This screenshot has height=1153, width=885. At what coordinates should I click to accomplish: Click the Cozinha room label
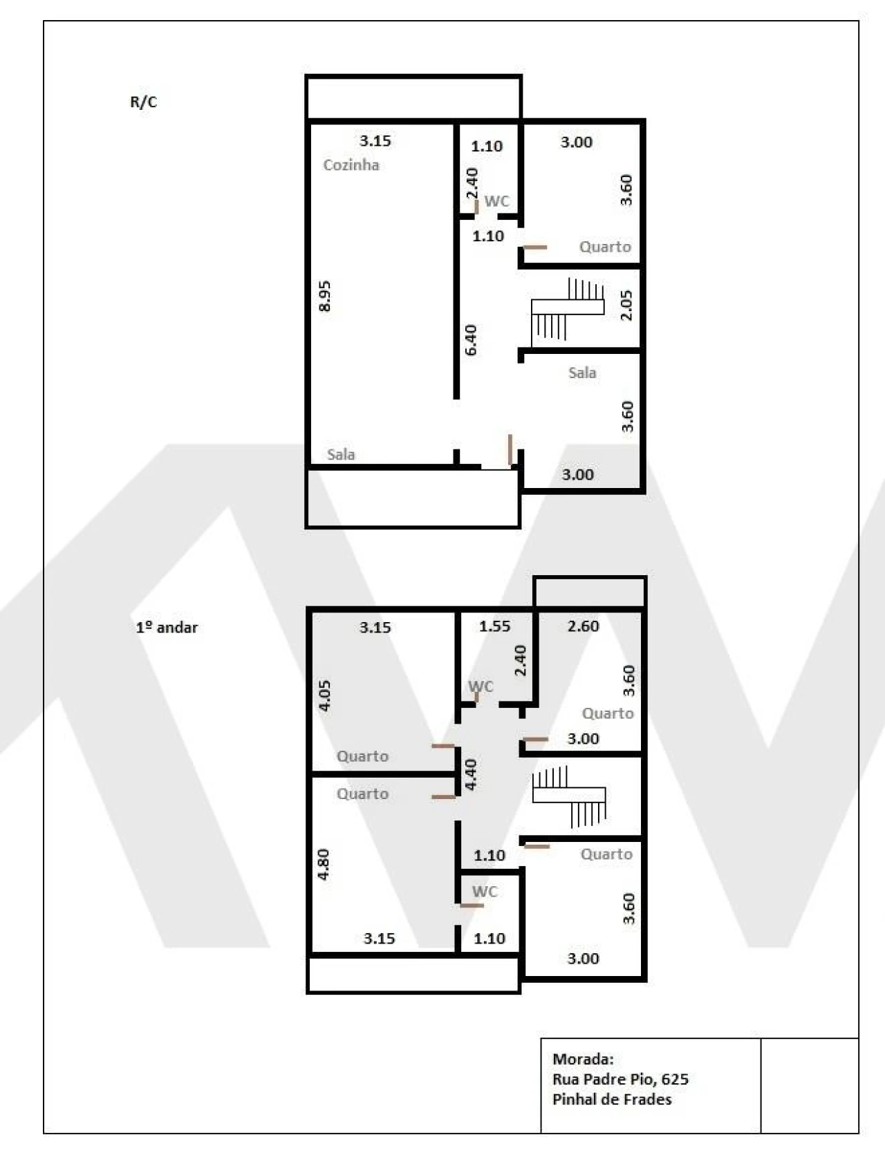pyautogui.click(x=351, y=165)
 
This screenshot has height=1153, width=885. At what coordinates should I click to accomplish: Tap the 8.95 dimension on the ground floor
pyautogui.click(x=324, y=296)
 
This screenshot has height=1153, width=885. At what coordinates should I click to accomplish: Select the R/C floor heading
pyautogui.click(x=144, y=102)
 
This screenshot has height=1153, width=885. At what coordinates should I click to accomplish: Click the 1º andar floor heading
pyautogui.click(x=167, y=627)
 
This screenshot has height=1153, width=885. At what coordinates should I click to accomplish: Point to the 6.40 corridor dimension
pyautogui.click(x=470, y=339)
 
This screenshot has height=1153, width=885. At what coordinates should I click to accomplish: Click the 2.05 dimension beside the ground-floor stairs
pyautogui.click(x=626, y=305)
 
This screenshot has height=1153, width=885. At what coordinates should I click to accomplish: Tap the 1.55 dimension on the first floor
pyautogui.click(x=494, y=626)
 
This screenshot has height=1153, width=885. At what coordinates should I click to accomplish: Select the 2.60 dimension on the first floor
pyautogui.click(x=583, y=626)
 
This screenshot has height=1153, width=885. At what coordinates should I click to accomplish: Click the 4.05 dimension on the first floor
pyautogui.click(x=324, y=695)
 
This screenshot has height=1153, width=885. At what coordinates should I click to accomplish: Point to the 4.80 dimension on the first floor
pyautogui.click(x=323, y=864)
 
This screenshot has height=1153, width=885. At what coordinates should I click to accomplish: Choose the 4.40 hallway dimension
pyautogui.click(x=470, y=775)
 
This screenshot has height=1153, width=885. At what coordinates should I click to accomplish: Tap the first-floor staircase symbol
pyautogui.click(x=568, y=796)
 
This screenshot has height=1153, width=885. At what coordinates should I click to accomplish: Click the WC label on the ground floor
pyautogui.click(x=496, y=201)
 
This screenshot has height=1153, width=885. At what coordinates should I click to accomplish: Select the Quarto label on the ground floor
pyautogui.click(x=605, y=247)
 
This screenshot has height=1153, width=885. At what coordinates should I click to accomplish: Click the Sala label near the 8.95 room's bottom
pyautogui.click(x=341, y=454)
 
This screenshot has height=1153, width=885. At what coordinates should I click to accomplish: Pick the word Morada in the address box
pyautogui.click(x=583, y=1058)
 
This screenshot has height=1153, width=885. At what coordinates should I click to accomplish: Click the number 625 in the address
pyautogui.click(x=675, y=1079)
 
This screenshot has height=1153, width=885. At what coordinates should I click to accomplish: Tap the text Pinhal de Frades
pyautogui.click(x=612, y=1099)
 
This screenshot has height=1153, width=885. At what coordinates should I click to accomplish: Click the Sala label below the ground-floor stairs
pyautogui.click(x=582, y=373)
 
